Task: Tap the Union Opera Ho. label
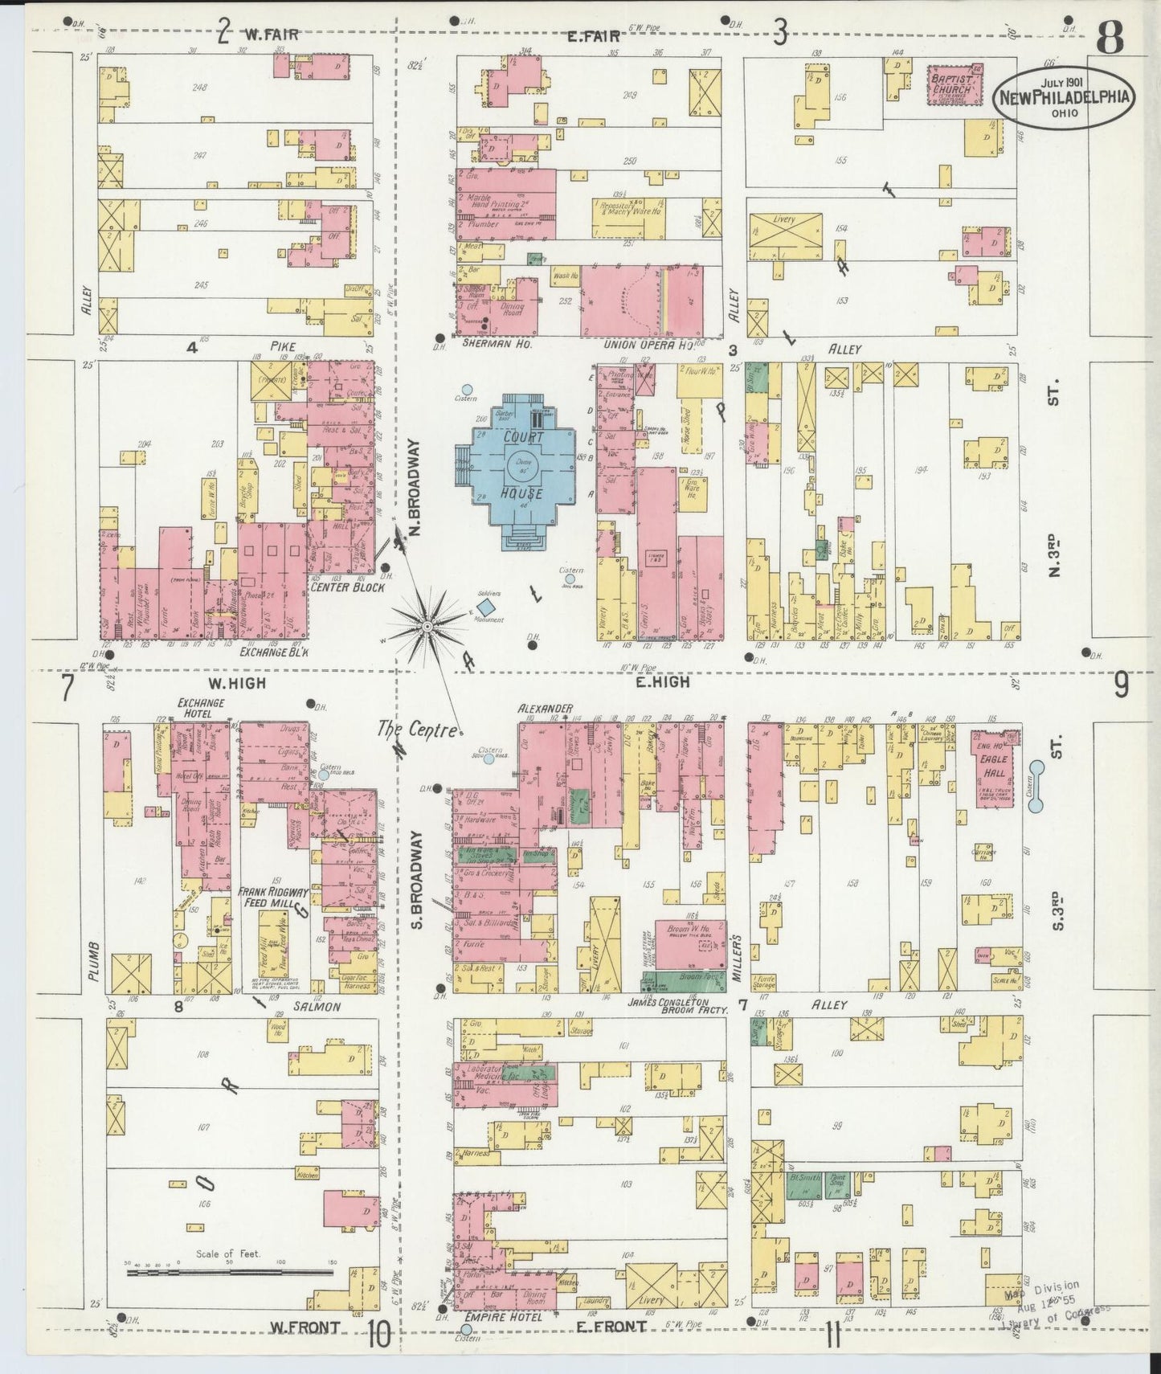pos(648,345)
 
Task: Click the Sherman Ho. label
pos(488,343)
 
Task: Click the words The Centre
pos(419,730)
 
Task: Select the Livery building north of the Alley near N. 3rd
pos(785,236)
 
